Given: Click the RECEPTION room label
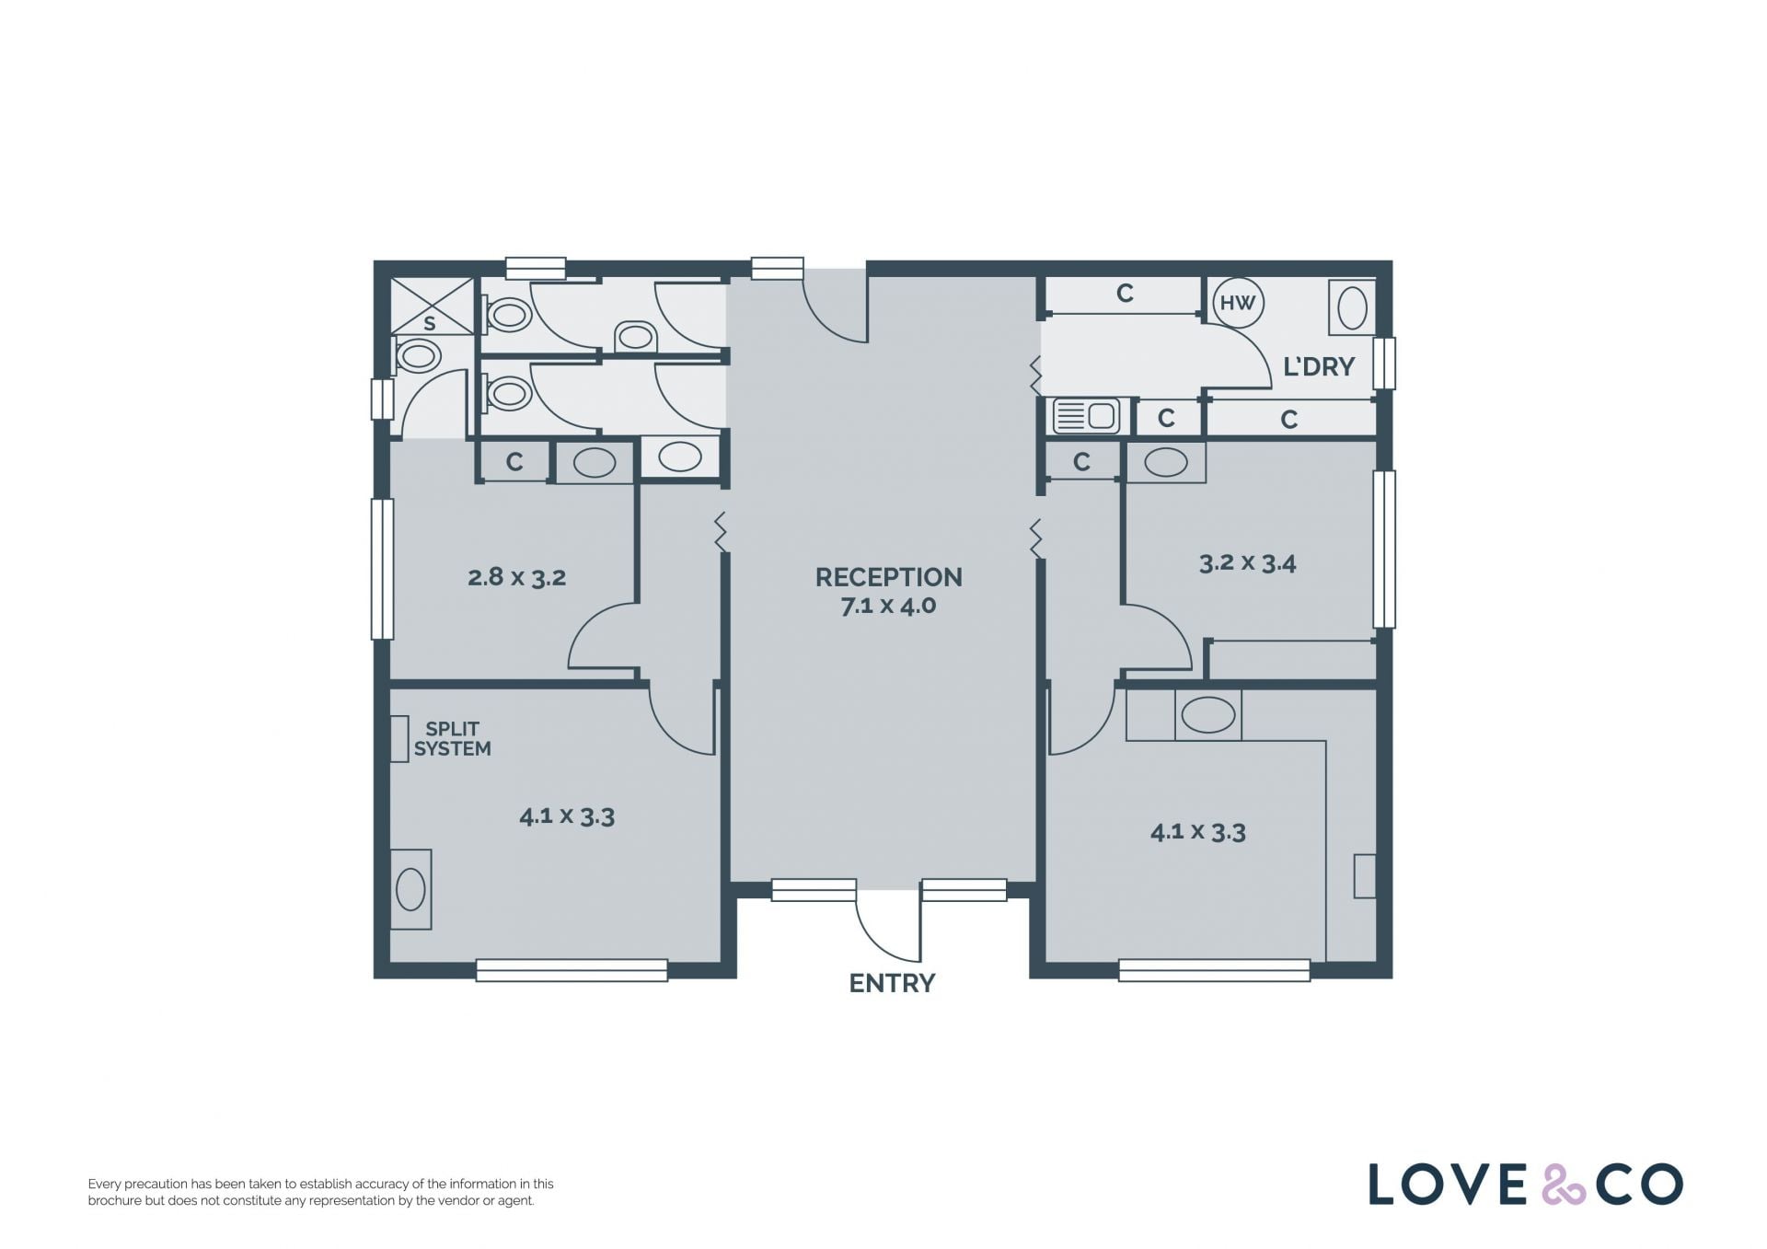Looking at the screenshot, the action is tap(888, 577).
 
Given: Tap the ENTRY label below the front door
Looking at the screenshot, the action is tap(892, 983).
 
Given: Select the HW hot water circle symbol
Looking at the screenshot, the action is tap(1238, 302).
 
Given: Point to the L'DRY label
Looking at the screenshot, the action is tap(1319, 366).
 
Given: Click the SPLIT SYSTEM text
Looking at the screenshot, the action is tap(452, 738).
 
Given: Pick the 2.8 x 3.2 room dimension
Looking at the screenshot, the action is tap(516, 577).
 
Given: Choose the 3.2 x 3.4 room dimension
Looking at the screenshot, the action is tap(1247, 562).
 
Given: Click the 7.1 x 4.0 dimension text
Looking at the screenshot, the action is tap(888, 606).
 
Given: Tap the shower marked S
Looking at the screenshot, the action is tap(429, 306).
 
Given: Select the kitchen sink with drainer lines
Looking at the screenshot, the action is tap(1086, 415).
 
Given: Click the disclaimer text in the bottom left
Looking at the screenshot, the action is tap(320, 1192).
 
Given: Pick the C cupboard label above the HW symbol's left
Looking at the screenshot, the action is tap(1125, 293).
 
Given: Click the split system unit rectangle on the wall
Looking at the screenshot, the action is tap(399, 739).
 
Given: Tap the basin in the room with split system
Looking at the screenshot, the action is tap(410, 890).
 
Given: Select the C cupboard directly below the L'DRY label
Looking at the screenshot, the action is tap(1289, 420).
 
